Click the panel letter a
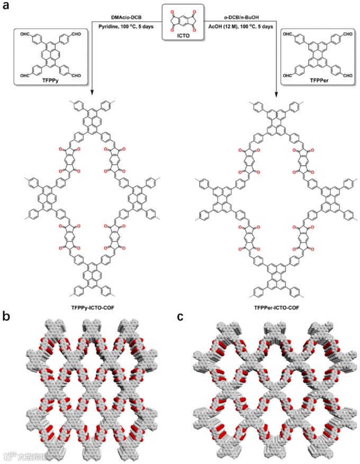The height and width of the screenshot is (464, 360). point(7,7)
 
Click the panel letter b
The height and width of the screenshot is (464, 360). point(7,317)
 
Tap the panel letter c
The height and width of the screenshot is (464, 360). point(181,317)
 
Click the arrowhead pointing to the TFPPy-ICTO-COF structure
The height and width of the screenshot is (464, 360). point(92,93)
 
